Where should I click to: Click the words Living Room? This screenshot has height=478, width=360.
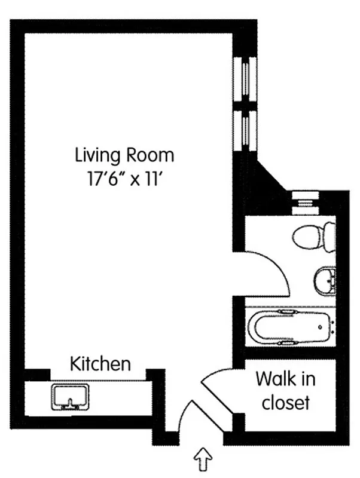point(124,155)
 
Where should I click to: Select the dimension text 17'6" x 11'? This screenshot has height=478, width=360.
point(124,179)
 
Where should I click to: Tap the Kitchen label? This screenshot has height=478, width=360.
point(100,363)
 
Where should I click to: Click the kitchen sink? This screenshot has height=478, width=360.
point(70,397)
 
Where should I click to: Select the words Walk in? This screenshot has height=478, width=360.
point(285,379)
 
